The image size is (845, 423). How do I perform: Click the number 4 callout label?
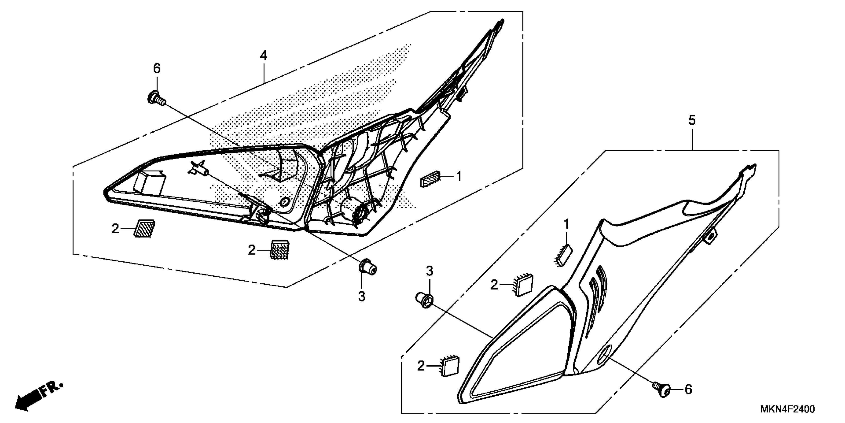263,55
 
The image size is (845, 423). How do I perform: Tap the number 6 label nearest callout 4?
157,69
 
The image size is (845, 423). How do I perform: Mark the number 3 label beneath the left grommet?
362,296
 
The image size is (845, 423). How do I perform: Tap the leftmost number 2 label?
115,229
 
